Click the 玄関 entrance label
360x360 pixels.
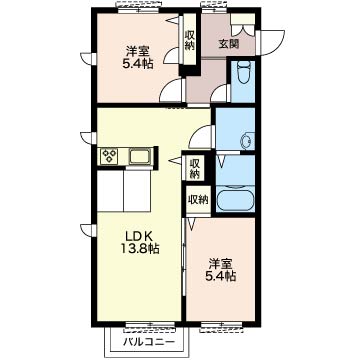click(229, 44)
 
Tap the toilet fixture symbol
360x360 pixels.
click(242, 73)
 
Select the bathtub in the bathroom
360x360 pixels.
click(235, 200)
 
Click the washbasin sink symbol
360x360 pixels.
click(248, 141)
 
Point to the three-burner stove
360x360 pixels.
click(110, 156)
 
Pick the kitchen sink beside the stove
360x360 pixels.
click(140, 156)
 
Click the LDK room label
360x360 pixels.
click(139, 237)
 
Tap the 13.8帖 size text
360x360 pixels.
click(139, 249)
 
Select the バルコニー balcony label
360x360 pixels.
click(149, 342)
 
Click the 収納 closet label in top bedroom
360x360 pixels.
click(190, 40)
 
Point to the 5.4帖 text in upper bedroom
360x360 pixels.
click(138, 63)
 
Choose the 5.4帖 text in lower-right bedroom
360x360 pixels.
click(220, 276)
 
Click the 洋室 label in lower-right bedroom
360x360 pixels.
click(220, 264)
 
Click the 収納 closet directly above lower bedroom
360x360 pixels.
click(198, 200)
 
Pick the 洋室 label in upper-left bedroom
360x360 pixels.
click(138, 52)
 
